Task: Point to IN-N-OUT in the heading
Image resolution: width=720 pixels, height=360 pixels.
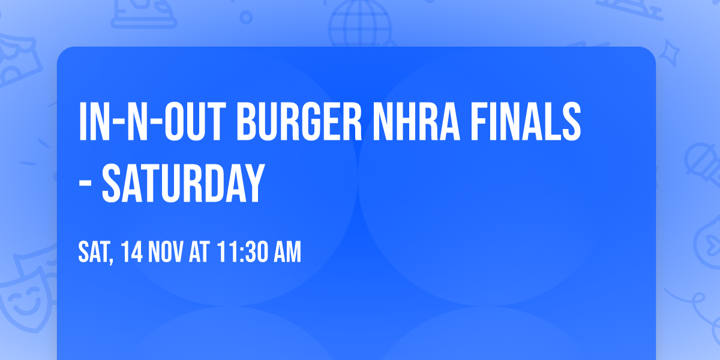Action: click(x=152, y=122)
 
